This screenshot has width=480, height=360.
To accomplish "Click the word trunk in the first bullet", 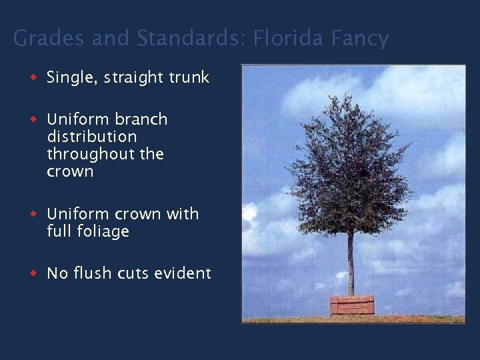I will (189, 78).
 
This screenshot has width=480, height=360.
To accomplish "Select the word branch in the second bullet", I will (141, 119).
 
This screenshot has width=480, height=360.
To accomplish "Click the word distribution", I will (92, 137).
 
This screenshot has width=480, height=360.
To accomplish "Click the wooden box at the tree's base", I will (352, 305).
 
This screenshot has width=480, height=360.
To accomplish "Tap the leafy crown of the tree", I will (349, 167).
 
